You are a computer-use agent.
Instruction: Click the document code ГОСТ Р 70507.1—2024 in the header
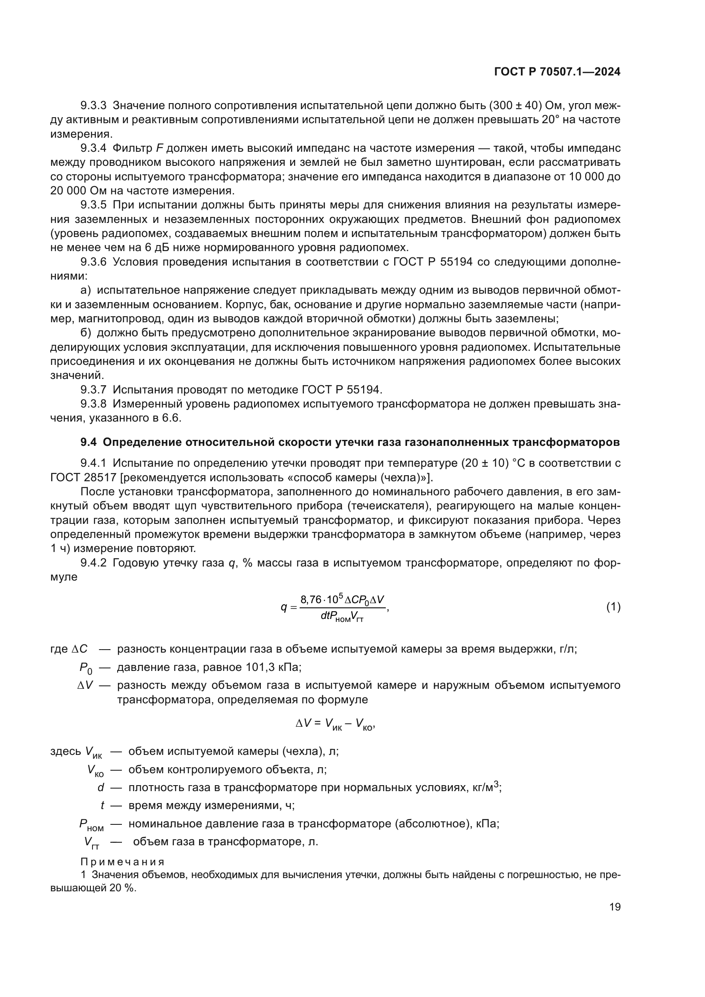[557, 72]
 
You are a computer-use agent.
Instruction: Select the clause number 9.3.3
[93, 106]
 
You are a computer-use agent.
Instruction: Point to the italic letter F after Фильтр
[159, 148]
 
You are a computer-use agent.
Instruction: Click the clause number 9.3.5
[93, 205]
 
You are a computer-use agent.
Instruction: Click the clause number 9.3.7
[93, 390]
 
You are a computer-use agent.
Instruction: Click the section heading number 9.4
[89, 442]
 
